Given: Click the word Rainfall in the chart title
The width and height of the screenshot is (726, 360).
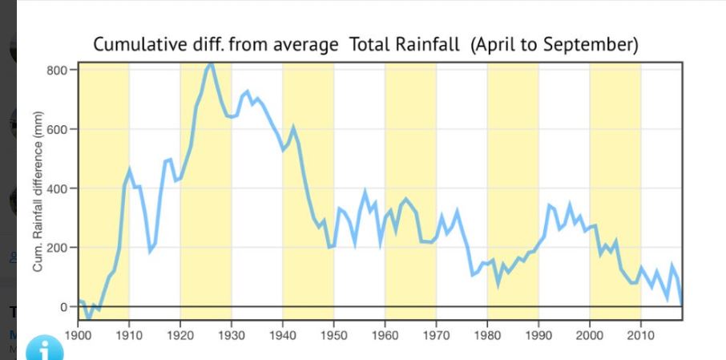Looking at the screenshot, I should [426, 45].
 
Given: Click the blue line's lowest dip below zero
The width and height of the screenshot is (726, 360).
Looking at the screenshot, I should [88, 318].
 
